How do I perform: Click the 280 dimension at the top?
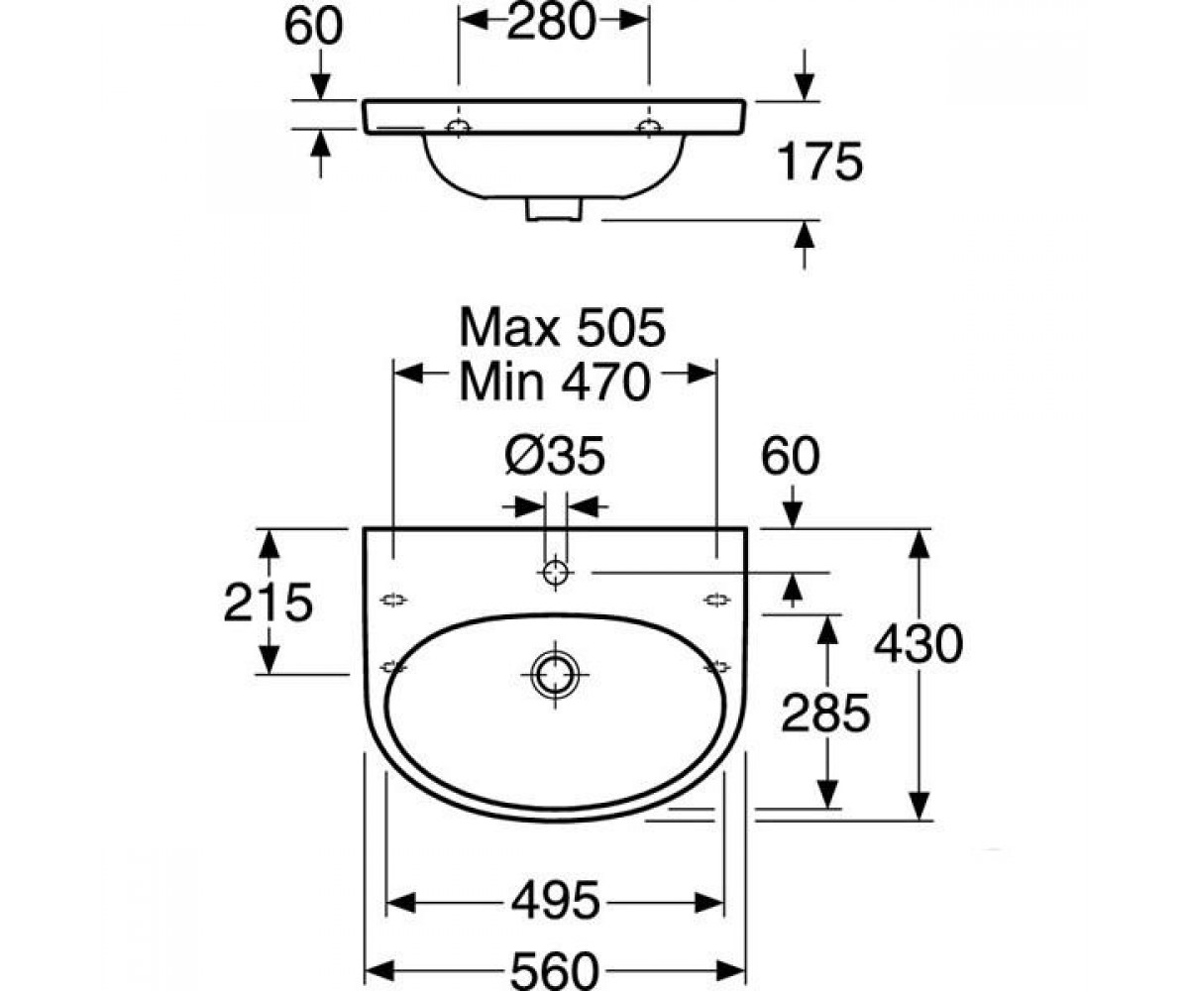coord(551,22)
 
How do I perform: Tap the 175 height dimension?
coord(820,163)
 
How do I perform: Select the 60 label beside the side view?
coord(313,26)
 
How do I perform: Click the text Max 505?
coord(562,327)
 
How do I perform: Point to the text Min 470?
coord(555,383)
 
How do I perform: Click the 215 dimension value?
coord(269,602)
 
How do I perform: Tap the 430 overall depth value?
coord(918,644)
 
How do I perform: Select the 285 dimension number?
coord(825,713)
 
